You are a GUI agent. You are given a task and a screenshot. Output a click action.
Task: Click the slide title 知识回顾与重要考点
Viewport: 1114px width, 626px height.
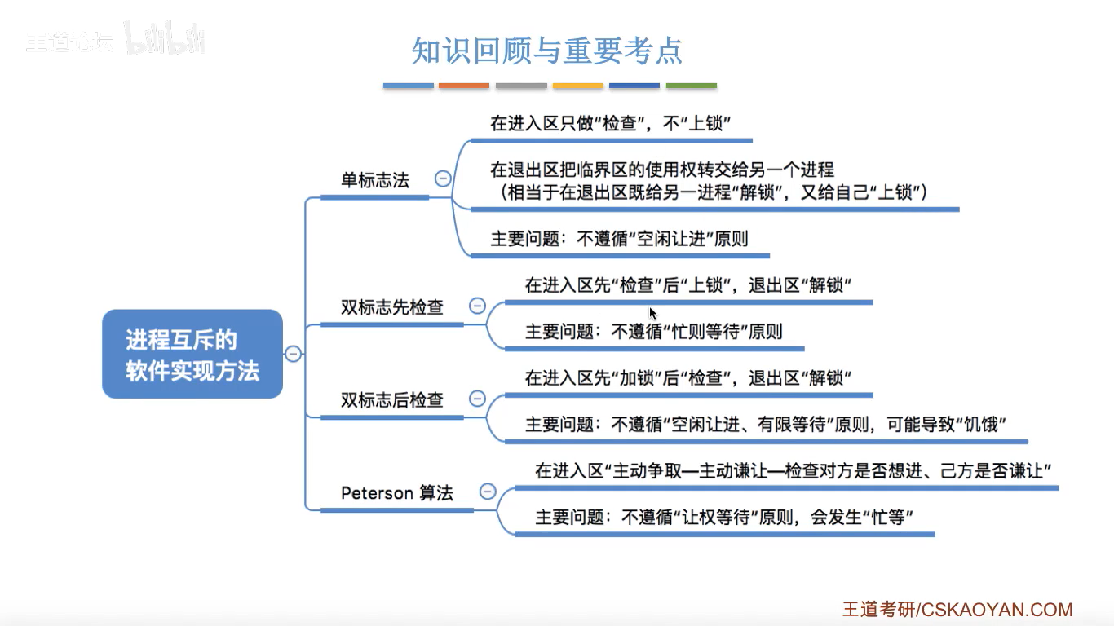point(547,51)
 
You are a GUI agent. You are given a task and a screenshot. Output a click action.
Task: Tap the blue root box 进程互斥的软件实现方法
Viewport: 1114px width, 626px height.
point(192,355)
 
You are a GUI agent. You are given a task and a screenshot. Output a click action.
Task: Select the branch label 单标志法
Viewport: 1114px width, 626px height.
point(375,180)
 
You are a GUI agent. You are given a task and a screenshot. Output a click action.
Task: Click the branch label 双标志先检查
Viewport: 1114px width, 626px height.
point(392,307)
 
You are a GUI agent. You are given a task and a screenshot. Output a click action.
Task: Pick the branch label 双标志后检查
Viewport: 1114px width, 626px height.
point(392,400)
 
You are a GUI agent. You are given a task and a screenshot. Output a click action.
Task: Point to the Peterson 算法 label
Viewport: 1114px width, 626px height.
point(397,493)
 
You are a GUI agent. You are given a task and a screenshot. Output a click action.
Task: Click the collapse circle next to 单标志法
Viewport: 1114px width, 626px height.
point(443,179)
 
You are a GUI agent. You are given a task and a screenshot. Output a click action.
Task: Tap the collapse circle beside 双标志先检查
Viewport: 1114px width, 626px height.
point(477,306)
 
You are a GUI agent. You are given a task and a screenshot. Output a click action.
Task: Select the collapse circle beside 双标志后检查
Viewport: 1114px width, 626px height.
point(477,399)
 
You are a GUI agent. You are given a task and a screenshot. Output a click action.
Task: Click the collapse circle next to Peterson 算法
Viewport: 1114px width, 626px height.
point(488,492)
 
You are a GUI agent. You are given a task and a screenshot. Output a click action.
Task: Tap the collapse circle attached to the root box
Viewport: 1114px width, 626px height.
point(293,354)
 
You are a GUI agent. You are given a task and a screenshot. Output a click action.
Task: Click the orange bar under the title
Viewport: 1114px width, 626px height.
point(464,86)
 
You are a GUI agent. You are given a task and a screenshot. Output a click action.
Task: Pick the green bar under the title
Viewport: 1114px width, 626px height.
point(692,86)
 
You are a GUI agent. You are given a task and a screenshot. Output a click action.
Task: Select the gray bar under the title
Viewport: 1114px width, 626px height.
point(521,86)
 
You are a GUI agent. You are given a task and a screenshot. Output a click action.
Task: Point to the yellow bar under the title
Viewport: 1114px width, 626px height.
point(578,86)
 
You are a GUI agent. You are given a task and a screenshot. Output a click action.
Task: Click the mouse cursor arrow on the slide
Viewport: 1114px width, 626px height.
point(652,312)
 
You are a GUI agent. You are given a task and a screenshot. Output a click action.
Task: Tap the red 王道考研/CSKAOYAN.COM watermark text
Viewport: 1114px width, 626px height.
point(957,610)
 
